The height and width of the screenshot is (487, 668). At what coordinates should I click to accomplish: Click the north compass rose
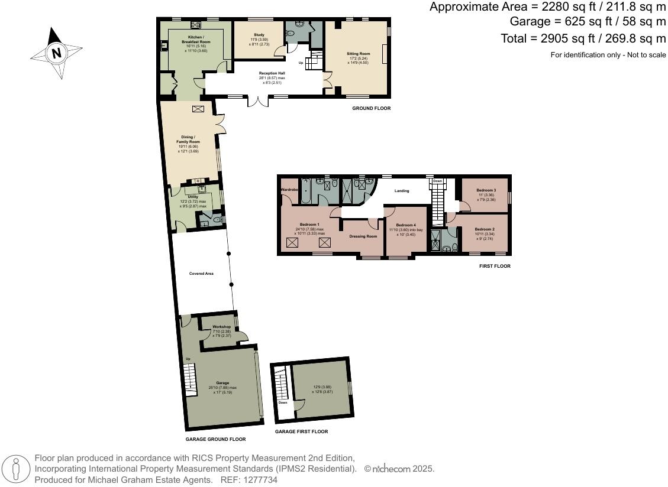[x=57, y=53]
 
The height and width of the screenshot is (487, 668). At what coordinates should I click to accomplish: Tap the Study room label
[x=259, y=35]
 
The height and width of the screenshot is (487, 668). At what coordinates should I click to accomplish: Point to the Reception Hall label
[x=272, y=73]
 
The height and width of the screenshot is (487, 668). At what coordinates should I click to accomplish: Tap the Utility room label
[x=193, y=197]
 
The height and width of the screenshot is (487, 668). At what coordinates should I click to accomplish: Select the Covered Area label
[x=201, y=274]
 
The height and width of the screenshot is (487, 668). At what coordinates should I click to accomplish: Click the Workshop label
[x=221, y=327]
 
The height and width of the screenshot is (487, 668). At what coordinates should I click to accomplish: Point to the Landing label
[x=402, y=190]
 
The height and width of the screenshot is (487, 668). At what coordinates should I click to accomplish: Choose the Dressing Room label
[x=363, y=236]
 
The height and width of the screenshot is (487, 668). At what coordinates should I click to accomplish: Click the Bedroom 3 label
[x=486, y=190]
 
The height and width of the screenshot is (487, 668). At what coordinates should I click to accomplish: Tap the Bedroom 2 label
[x=485, y=229]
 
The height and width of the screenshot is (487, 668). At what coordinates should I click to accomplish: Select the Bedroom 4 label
[x=406, y=225]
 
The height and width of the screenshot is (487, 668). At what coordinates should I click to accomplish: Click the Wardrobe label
[x=289, y=189]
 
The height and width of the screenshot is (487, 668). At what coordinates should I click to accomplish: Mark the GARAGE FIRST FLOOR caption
[x=301, y=431]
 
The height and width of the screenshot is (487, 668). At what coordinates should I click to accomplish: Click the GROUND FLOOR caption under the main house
[x=371, y=108]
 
